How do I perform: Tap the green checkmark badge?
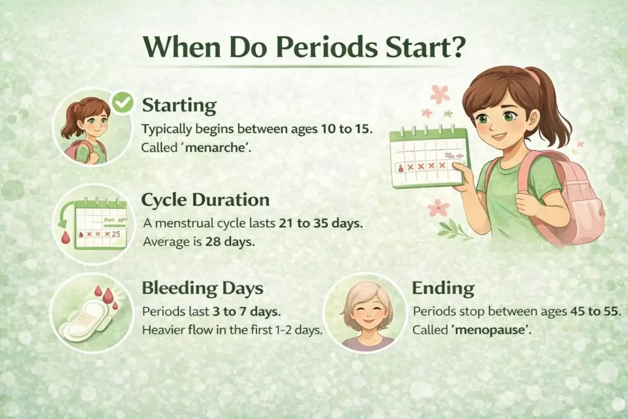123,103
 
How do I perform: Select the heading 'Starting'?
179,106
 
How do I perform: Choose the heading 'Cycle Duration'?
205,200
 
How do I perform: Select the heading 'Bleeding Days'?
203,288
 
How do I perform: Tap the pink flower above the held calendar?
439,94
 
